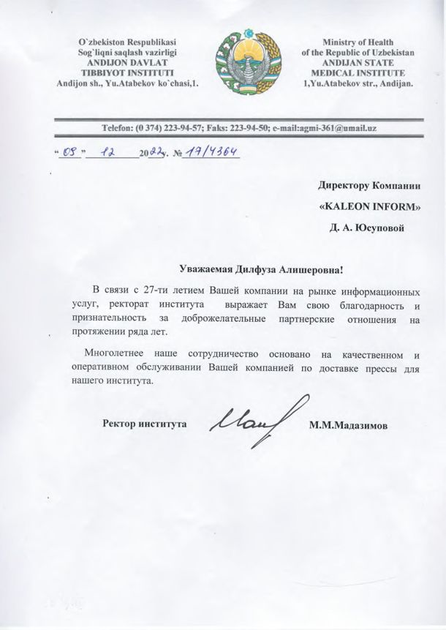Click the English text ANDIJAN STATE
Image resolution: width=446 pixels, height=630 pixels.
(x=358, y=63)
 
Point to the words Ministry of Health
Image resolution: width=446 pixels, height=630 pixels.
(x=358, y=42)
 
